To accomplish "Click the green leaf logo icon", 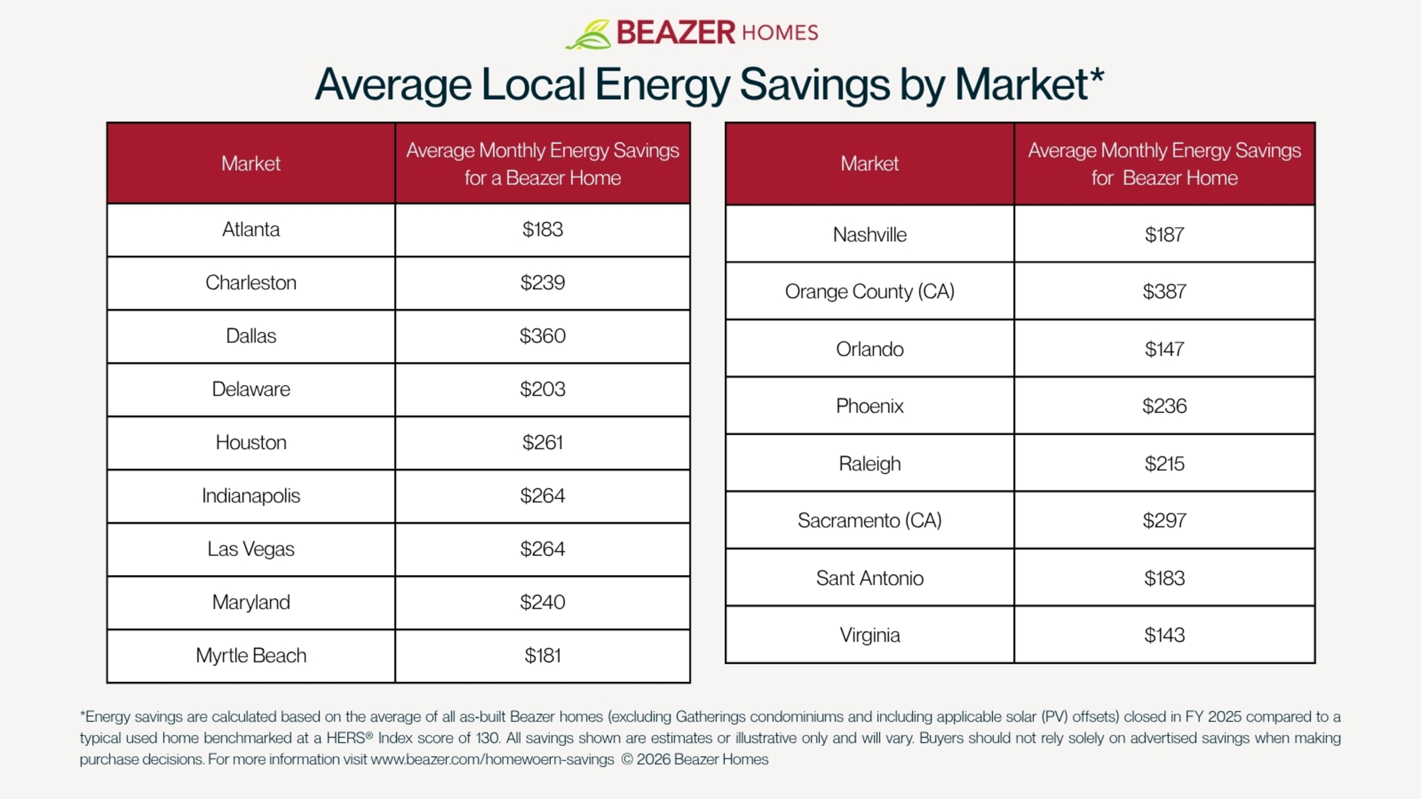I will pyautogui.click(x=588, y=34).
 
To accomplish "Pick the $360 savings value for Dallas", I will pyautogui.click(x=542, y=336).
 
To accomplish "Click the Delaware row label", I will pyautogui.click(x=251, y=389).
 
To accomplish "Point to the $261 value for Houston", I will pyautogui.click(x=542, y=442).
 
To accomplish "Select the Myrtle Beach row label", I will pyautogui.click(x=251, y=655).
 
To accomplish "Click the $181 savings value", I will pyautogui.click(x=542, y=655).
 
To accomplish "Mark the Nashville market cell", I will pyautogui.click(x=869, y=235).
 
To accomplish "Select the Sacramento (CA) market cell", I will pyautogui.click(x=869, y=520).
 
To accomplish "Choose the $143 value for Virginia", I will pyautogui.click(x=1164, y=635).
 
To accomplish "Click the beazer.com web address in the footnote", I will pyautogui.click(x=492, y=759).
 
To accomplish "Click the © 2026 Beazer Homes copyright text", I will pyautogui.click(x=695, y=759).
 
